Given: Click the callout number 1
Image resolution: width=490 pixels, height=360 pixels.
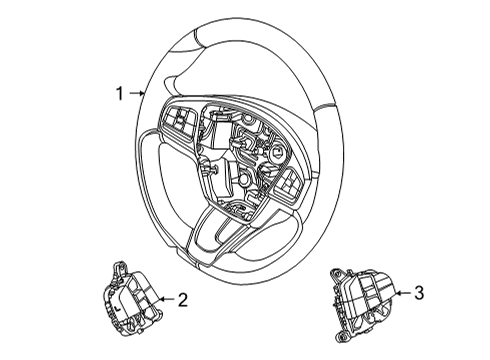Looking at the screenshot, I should coord(118,94).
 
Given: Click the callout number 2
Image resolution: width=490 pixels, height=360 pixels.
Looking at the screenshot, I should coord(183,298).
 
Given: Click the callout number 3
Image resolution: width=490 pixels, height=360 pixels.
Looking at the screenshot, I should coord(419,293).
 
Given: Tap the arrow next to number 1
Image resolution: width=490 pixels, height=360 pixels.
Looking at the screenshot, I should coord(136,94).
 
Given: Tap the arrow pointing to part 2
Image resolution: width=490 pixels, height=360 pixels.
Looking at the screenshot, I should coord(166,298).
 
